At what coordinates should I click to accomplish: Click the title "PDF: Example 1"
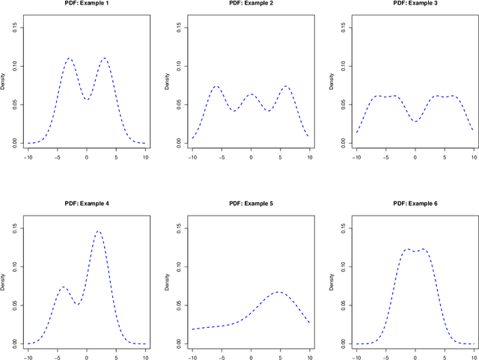pos(87,4)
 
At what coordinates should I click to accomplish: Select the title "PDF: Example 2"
pos(251,4)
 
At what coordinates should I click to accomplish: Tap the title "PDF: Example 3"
pos(415,4)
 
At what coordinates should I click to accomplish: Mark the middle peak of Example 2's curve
pos(251,94)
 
